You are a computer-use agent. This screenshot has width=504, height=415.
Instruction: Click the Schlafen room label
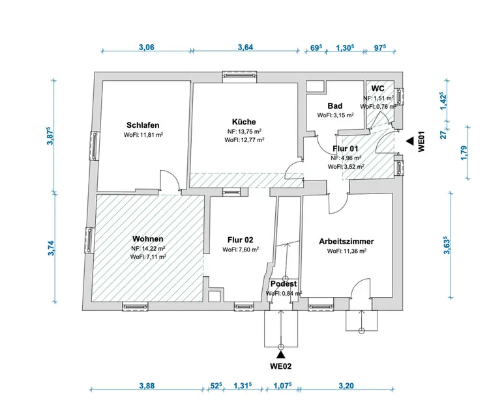click(143, 125)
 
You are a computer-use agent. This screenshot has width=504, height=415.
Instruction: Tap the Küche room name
click(244, 122)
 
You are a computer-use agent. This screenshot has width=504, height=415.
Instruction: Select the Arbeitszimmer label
click(346, 241)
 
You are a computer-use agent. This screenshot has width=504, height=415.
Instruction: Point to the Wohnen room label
click(148, 238)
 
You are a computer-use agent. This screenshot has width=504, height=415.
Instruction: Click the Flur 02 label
click(240, 240)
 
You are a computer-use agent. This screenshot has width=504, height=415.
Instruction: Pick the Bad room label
click(335, 106)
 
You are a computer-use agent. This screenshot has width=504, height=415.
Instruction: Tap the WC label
click(378, 89)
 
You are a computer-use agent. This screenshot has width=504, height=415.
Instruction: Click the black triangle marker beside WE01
click(409, 141)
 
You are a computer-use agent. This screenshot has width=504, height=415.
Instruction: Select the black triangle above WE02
click(281, 354)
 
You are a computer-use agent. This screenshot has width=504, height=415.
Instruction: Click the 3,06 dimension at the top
click(147, 47)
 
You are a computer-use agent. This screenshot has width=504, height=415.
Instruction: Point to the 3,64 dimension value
click(245, 47)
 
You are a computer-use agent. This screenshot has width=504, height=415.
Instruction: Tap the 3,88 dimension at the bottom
click(147, 386)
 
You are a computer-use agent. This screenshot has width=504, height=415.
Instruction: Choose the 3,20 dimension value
click(346, 386)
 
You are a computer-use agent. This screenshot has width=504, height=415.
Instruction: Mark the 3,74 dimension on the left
click(51, 248)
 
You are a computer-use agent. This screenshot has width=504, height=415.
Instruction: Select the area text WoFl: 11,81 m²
click(143, 135)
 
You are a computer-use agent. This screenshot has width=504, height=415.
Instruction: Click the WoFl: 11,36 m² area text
click(346, 251)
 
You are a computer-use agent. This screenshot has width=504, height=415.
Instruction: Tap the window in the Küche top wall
click(240, 75)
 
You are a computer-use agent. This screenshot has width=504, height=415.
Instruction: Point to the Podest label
click(284, 284)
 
